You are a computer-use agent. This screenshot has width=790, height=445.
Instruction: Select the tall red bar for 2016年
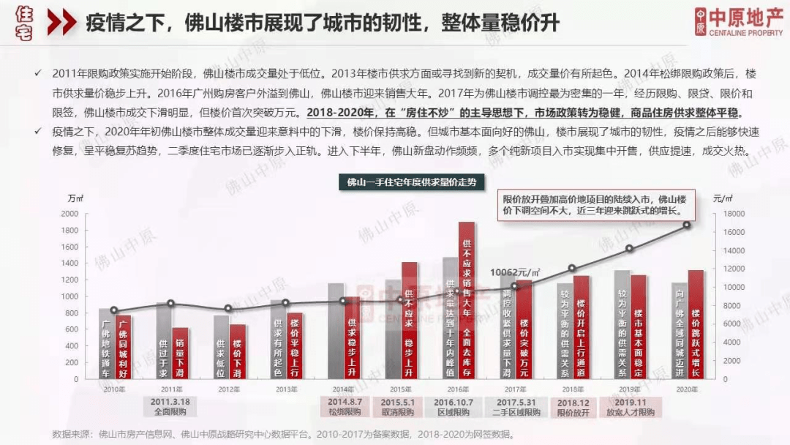click(467, 300)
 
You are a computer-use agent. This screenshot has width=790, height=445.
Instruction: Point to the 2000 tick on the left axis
click(69, 214)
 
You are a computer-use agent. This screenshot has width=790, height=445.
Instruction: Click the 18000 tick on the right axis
click(734, 214)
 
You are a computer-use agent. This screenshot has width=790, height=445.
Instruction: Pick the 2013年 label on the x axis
click(286, 389)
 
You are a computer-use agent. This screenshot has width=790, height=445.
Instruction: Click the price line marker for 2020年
click(688, 225)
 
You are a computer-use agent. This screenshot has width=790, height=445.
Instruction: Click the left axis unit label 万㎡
click(75, 198)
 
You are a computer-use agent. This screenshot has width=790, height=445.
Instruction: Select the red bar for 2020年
click(696, 325)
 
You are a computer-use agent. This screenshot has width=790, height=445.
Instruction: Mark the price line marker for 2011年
click(171, 303)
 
